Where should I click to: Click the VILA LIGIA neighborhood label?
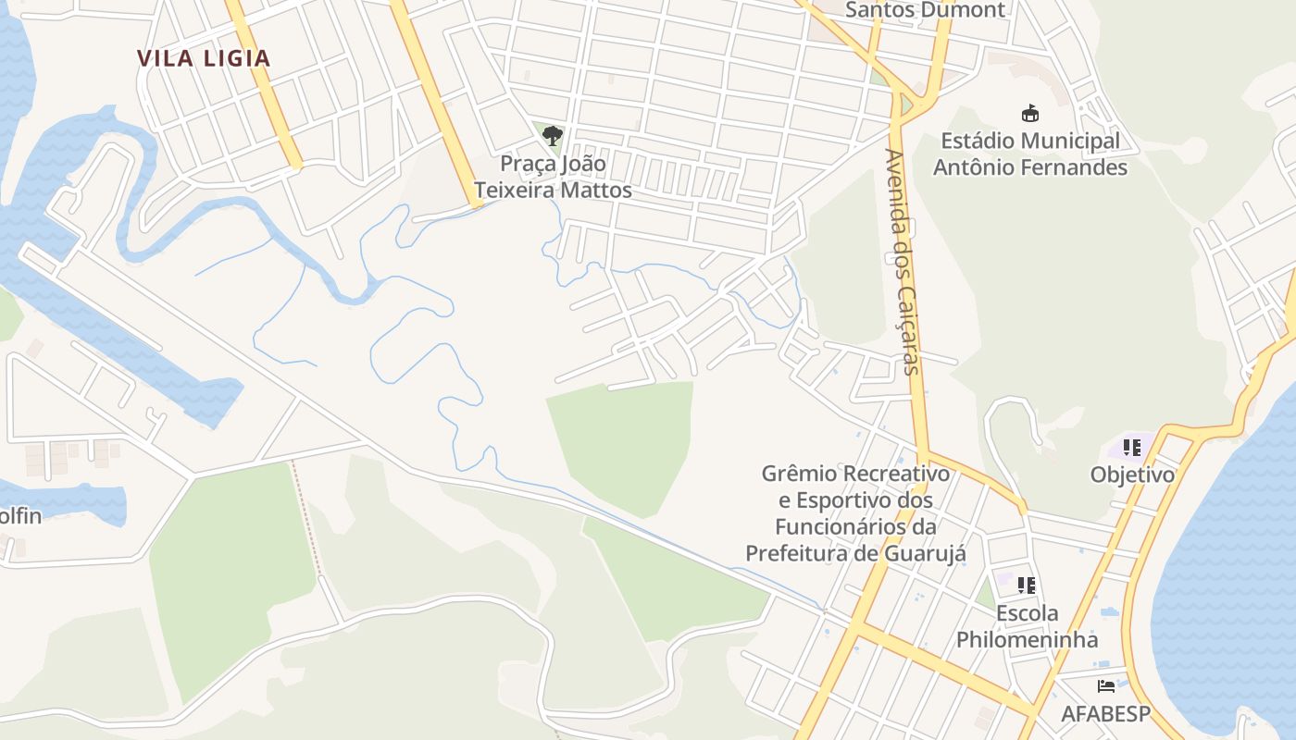(x=204, y=58)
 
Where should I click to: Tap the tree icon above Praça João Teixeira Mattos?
(x=553, y=137)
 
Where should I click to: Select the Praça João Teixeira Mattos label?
(x=553, y=177)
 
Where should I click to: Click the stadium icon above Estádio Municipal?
(x=1029, y=114)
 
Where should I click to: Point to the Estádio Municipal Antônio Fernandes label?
(x=1029, y=154)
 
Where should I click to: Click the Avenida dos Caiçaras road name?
(x=903, y=261)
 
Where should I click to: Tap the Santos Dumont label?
(x=925, y=10)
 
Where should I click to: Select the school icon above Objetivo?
(x=1131, y=449)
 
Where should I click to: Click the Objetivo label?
(x=1131, y=475)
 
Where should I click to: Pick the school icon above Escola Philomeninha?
(x=1027, y=586)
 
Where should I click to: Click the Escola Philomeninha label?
(x=1027, y=626)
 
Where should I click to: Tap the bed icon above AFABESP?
(x=1105, y=686)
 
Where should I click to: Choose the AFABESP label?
(x=1105, y=714)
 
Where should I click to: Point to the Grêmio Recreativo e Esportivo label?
(x=855, y=474)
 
